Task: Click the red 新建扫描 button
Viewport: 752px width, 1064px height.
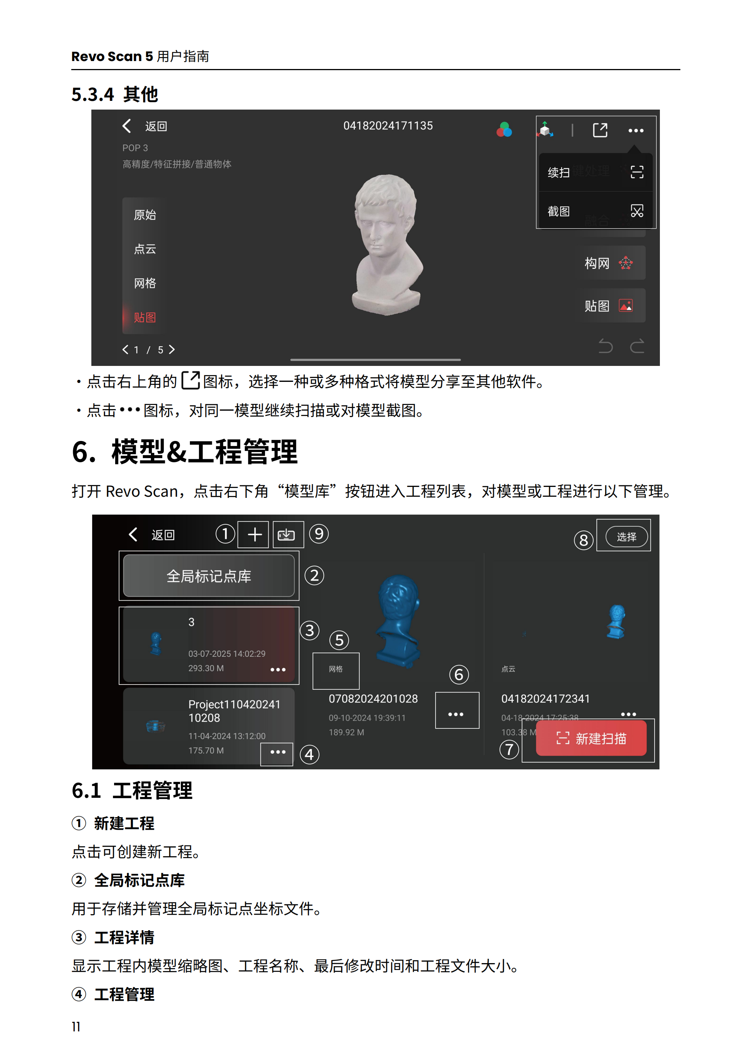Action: (x=591, y=738)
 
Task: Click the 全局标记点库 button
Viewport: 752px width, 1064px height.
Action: (x=208, y=576)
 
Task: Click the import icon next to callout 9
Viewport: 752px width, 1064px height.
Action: (x=287, y=535)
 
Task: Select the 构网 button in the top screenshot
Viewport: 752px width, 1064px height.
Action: (x=609, y=263)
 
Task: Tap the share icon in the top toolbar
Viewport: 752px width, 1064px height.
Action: (x=600, y=130)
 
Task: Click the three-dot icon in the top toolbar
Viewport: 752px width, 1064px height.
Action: (x=636, y=131)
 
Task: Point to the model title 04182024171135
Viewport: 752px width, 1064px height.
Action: (x=388, y=126)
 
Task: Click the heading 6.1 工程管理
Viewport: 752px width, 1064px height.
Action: (x=132, y=791)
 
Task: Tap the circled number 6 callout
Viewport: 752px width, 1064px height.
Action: (x=459, y=675)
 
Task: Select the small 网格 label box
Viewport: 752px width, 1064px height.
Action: (x=336, y=669)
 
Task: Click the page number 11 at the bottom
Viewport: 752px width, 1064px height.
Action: (x=76, y=1026)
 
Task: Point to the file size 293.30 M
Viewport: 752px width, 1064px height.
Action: (x=206, y=668)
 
